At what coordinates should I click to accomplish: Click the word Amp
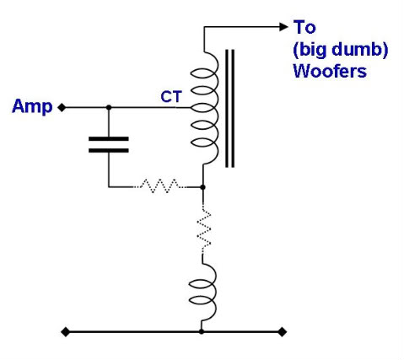pos(32,106)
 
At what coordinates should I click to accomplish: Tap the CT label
pos(171,97)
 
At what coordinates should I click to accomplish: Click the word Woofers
pos(330,71)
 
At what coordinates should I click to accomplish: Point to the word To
pos(304,27)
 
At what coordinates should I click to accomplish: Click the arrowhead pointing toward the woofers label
pos(283,27)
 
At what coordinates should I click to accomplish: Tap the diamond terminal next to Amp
pos(62,107)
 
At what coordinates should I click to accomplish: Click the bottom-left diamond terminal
pos(65,332)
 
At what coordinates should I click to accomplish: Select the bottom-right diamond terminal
pos(283,332)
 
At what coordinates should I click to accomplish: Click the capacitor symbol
pos(109,145)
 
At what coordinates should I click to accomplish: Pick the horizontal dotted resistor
pos(159,185)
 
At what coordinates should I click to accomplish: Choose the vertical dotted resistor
pos(204,229)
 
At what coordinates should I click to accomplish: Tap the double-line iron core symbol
pos(229,109)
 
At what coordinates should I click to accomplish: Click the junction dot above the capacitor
pos(109,107)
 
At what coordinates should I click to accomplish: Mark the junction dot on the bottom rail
pos(202,332)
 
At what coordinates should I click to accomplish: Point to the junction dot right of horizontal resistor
pos(202,187)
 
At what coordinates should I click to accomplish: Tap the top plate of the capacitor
pos(109,139)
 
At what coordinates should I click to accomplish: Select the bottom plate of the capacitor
pos(109,151)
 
